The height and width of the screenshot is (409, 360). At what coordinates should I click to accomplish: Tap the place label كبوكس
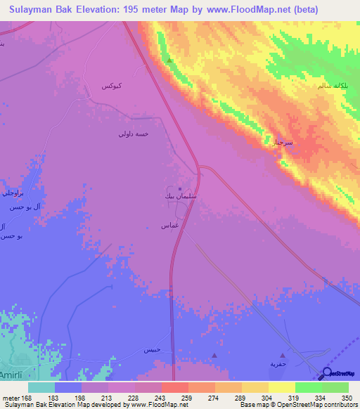(x=113, y=86)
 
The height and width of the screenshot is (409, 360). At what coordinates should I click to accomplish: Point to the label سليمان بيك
(x=176, y=199)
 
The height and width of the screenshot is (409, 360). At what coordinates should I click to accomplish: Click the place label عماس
(x=169, y=226)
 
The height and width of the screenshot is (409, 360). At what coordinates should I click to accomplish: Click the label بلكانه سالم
(x=330, y=86)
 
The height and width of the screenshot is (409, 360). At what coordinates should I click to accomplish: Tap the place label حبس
(x=153, y=349)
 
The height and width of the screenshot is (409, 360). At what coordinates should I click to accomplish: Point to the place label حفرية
(x=279, y=364)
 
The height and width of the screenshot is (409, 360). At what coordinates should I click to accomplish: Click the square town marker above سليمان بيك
(x=180, y=189)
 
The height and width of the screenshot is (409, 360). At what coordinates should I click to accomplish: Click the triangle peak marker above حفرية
(x=283, y=356)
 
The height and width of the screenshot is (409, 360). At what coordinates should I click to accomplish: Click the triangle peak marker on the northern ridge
(x=169, y=60)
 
